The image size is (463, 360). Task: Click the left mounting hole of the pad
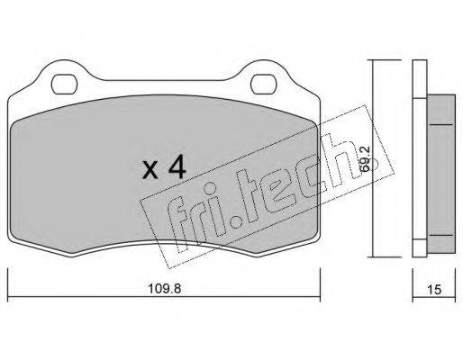pos(64,85)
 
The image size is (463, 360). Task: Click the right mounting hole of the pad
pos(263,85)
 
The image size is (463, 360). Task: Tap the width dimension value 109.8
pos(165,289)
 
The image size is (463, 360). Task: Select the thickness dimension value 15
pos(434,290)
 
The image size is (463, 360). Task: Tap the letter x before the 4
pos(150,170)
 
